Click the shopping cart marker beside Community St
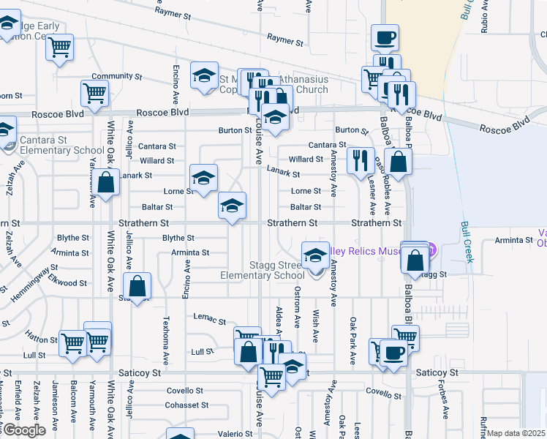94,93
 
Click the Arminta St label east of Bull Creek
513,240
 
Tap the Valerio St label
214,433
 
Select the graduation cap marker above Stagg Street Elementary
315,255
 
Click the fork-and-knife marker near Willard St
359,160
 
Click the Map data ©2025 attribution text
516,433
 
